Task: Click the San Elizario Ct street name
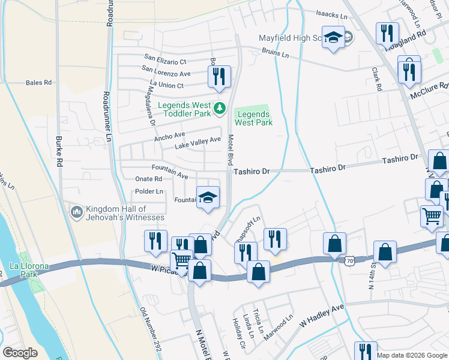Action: [x=165, y=61]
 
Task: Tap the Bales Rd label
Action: [x=38, y=82]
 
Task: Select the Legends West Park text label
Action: [x=253, y=118]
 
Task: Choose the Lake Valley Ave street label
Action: [x=197, y=143]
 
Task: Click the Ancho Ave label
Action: [x=169, y=137]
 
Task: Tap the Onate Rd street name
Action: [x=148, y=179]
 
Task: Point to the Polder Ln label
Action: [x=150, y=191]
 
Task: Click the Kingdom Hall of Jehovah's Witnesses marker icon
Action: [x=76, y=212]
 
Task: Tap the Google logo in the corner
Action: [x=20, y=353]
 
